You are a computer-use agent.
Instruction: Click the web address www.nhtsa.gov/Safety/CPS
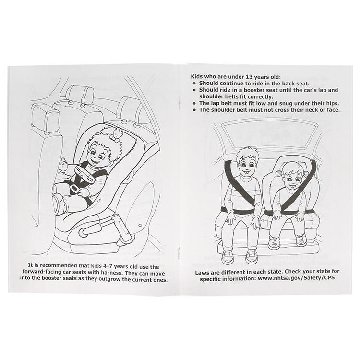pyautogui.click(x=296, y=278)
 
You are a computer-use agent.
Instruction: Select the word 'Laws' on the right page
pyautogui.click(x=202, y=271)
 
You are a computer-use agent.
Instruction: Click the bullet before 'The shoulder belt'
pyautogui.click(x=194, y=110)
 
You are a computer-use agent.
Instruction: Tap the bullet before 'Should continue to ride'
pyautogui.click(x=194, y=84)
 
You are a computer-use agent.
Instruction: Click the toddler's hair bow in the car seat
pyautogui.click(x=114, y=137)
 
